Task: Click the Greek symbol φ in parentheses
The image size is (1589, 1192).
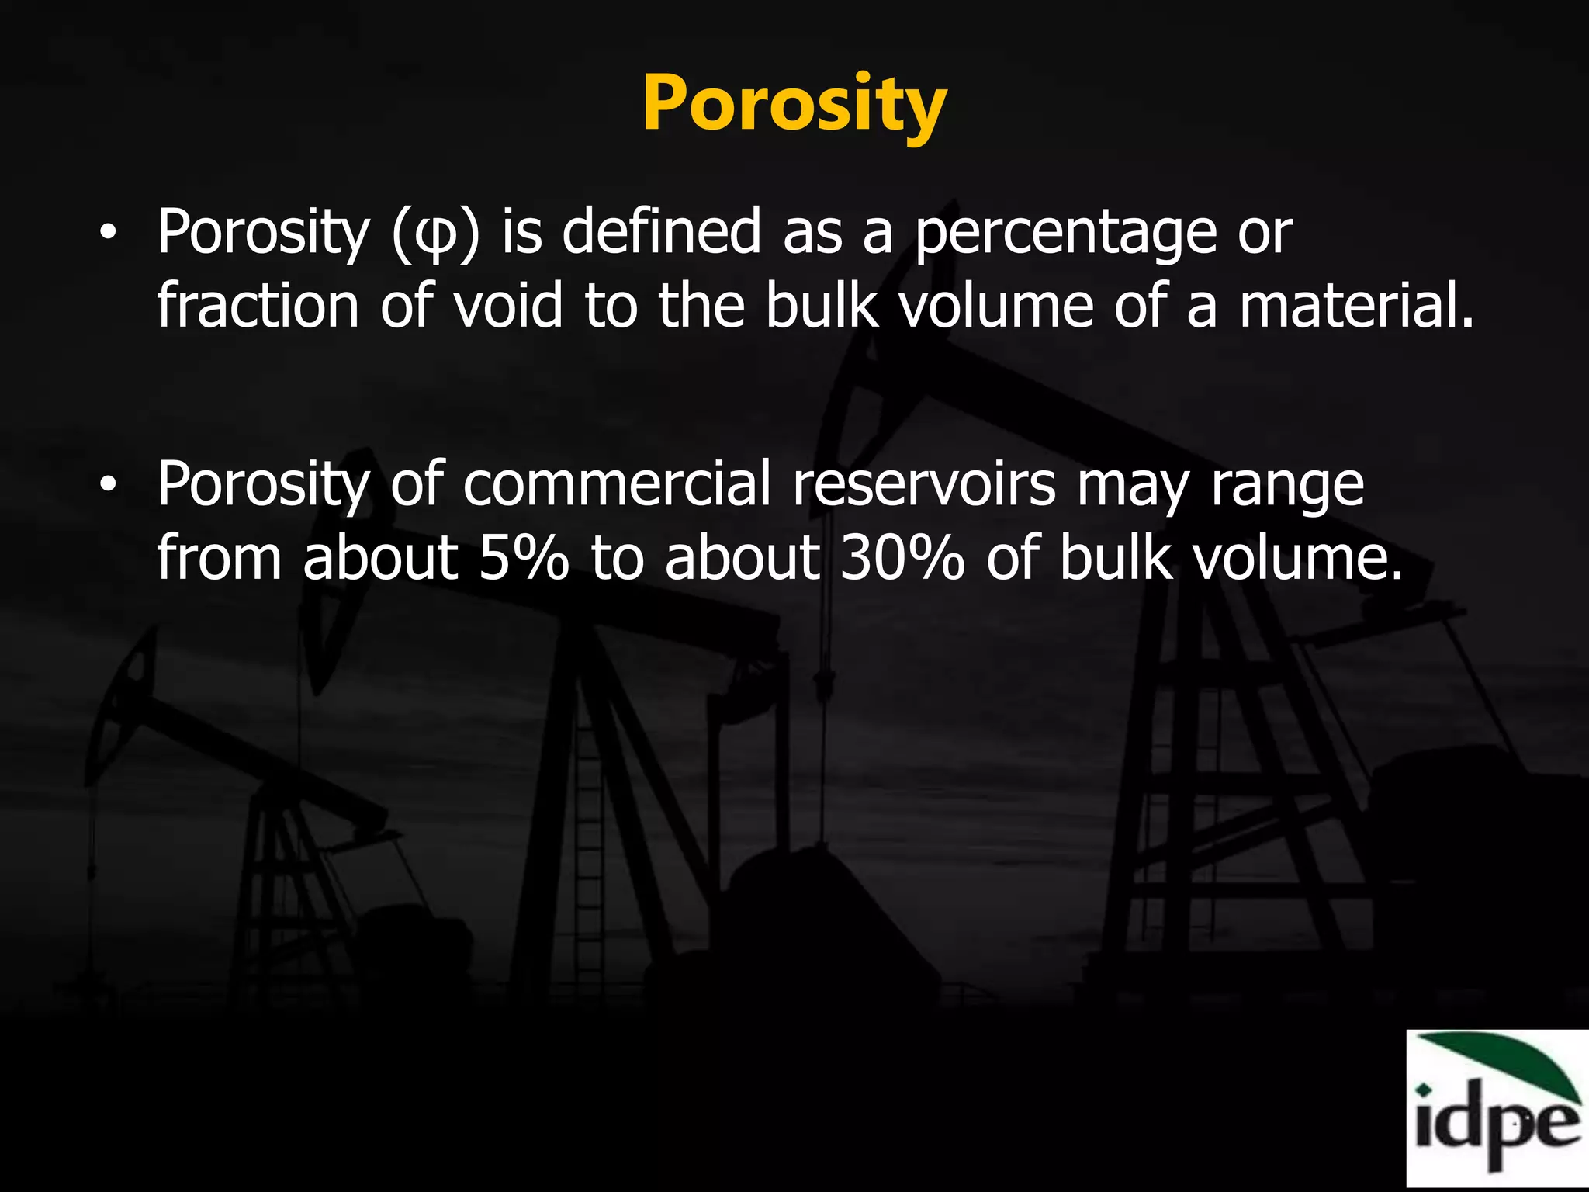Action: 436,234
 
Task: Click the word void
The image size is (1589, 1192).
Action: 507,307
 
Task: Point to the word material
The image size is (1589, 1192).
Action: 1354,307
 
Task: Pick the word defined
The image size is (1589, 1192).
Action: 661,233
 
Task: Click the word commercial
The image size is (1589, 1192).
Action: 617,485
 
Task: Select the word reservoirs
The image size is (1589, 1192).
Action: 923,485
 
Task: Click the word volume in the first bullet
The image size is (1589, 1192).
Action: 996,307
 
